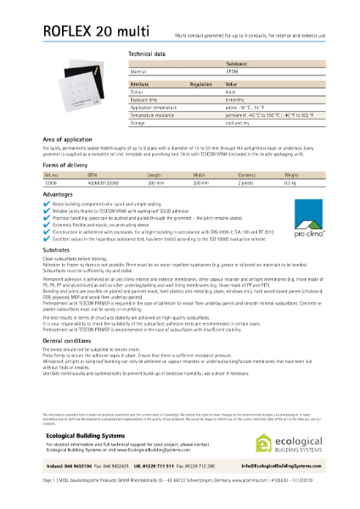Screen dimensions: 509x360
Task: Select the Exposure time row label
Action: [x=146, y=100]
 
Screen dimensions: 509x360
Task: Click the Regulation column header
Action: [x=200, y=86]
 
